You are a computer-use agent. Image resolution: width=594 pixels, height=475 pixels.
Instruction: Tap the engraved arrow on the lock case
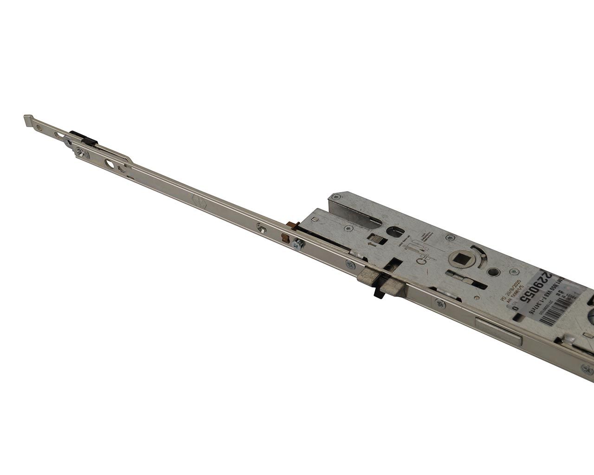pyautogui.click(x=370, y=242)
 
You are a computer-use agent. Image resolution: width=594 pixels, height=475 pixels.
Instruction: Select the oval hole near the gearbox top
pyautogui.click(x=399, y=231)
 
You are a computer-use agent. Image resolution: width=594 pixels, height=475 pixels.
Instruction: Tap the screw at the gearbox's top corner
pyautogui.click(x=347, y=228)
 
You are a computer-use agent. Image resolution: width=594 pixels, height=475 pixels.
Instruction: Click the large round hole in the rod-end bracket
pyautogui.click(x=110, y=164)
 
